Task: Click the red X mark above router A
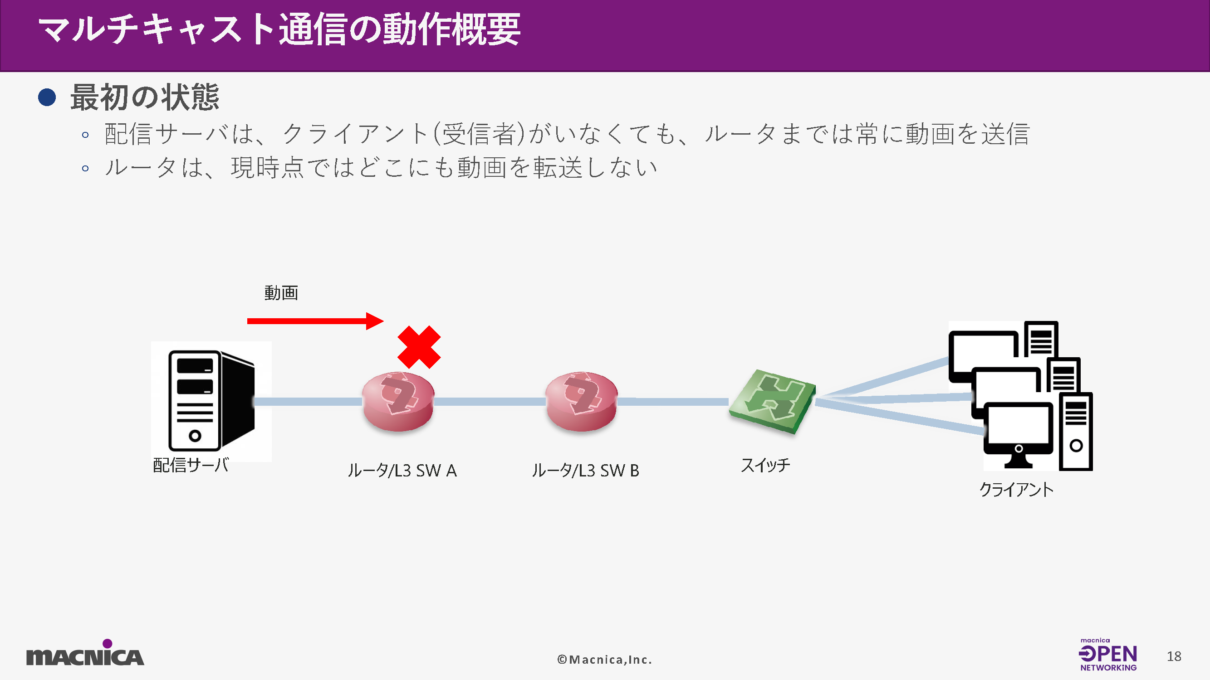[419, 347]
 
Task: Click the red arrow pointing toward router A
[315, 321]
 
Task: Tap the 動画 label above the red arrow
[281, 293]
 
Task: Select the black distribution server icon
[211, 400]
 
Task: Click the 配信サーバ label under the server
[191, 465]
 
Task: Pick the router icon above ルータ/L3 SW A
[398, 401]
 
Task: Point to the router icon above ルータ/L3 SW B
[582, 401]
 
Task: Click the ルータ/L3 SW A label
[402, 470]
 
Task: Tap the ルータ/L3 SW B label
[585, 470]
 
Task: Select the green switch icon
[772, 401]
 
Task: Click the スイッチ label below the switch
[766, 465]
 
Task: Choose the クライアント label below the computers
[1016, 490]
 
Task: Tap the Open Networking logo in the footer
[1107, 654]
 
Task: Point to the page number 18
[1174, 656]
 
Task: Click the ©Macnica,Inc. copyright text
[604, 659]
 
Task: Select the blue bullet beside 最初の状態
[47, 97]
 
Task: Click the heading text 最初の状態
[145, 97]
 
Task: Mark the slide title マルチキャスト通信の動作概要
[279, 30]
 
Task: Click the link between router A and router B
[490, 402]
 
